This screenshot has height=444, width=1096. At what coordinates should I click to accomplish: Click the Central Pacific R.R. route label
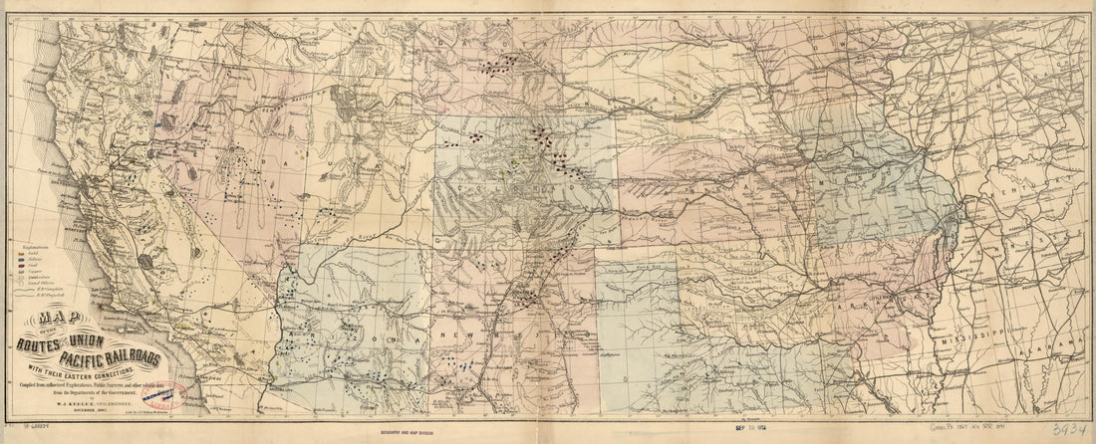point(269,100)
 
